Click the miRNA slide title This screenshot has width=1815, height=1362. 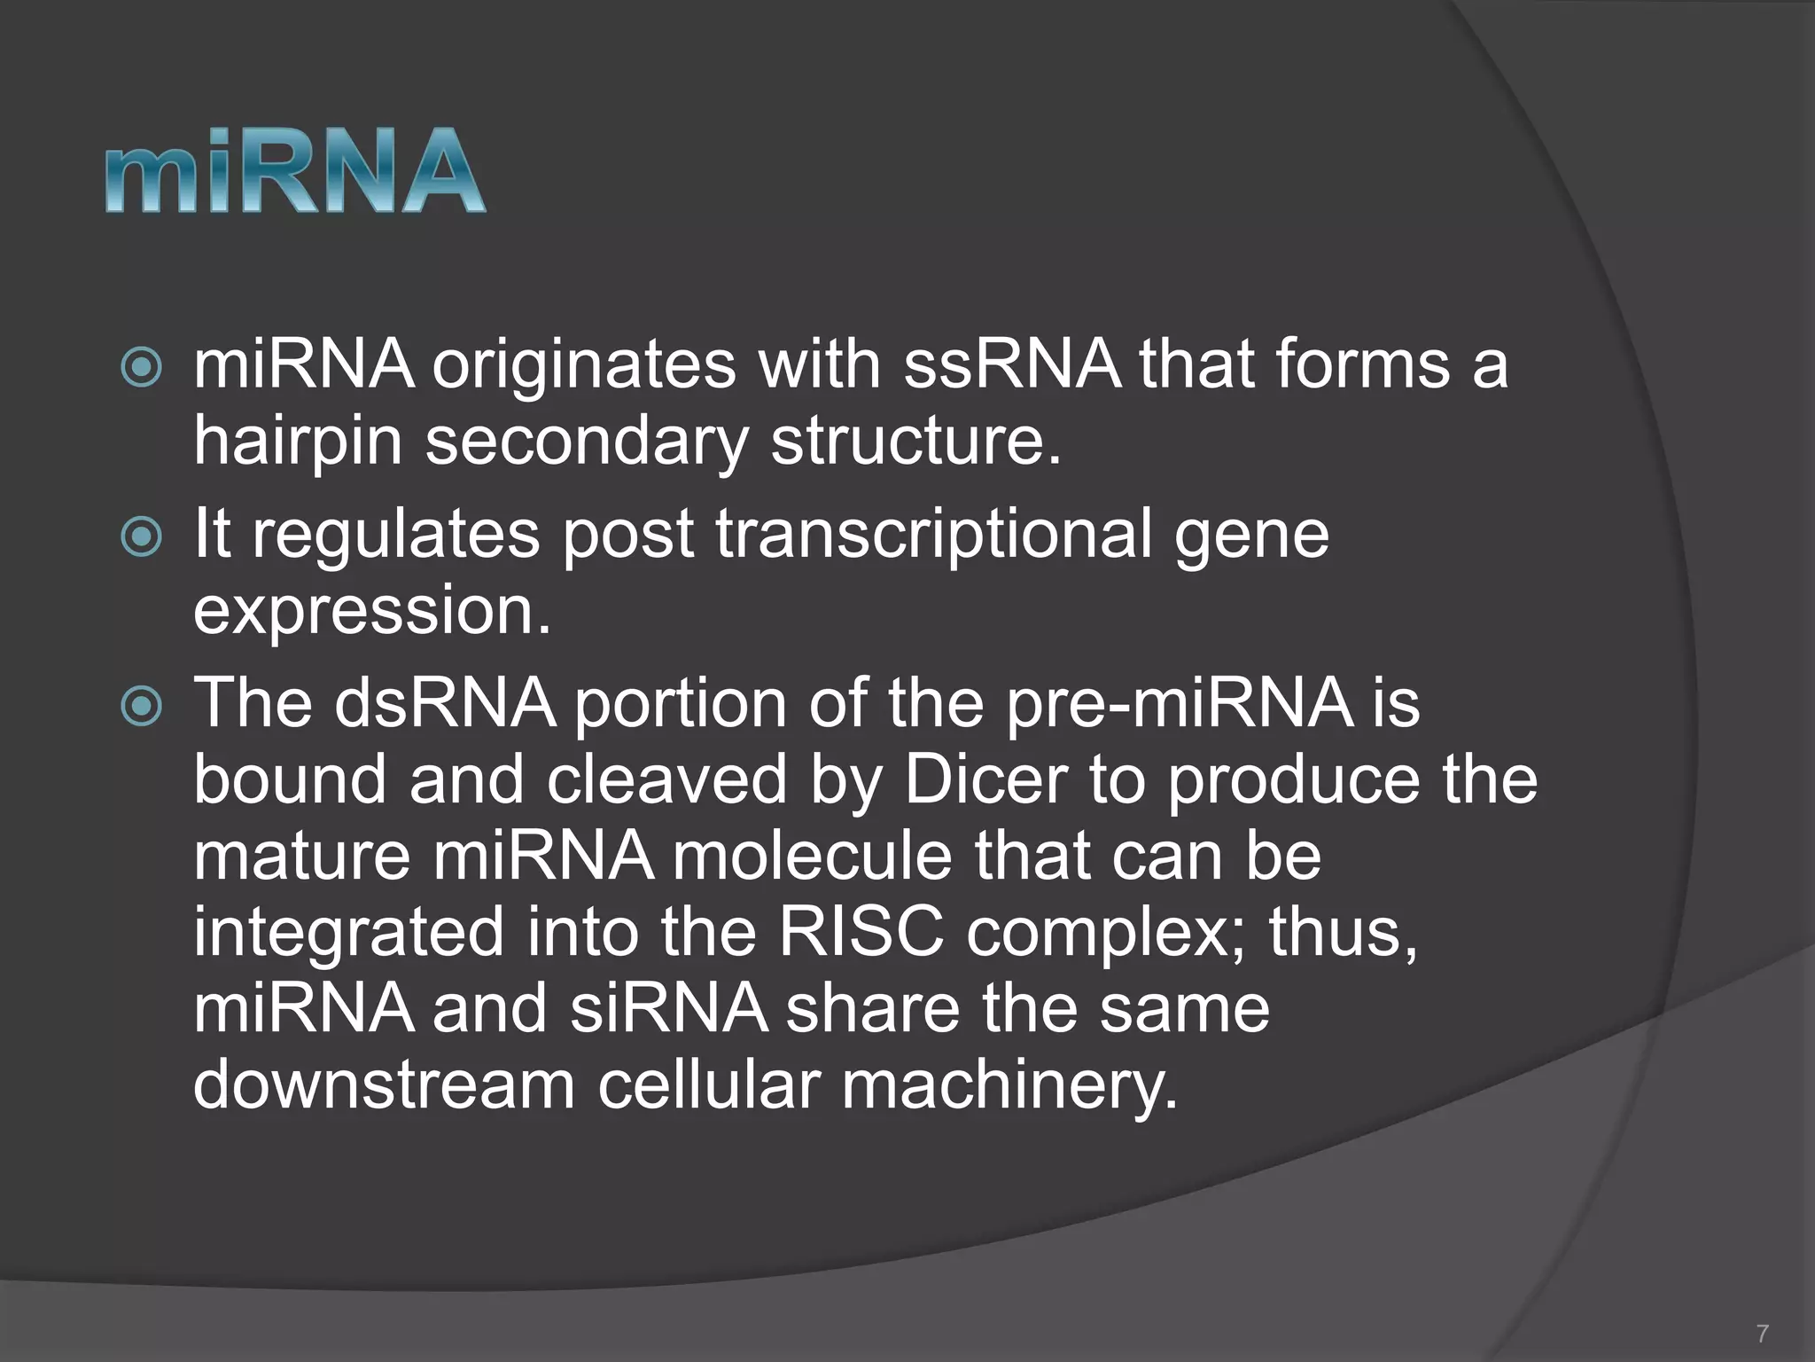[x=295, y=170]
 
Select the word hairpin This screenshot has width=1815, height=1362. [x=298, y=442]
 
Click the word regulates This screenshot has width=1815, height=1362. [x=396, y=534]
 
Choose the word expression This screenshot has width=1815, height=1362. [x=372, y=610]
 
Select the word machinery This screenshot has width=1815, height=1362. [x=1009, y=1086]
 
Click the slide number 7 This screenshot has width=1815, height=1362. [x=1762, y=1333]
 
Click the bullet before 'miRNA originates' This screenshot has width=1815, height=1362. [x=142, y=367]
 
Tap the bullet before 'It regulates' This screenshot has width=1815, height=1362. [x=142, y=536]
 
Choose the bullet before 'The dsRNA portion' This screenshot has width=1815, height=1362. [x=142, y=706]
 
